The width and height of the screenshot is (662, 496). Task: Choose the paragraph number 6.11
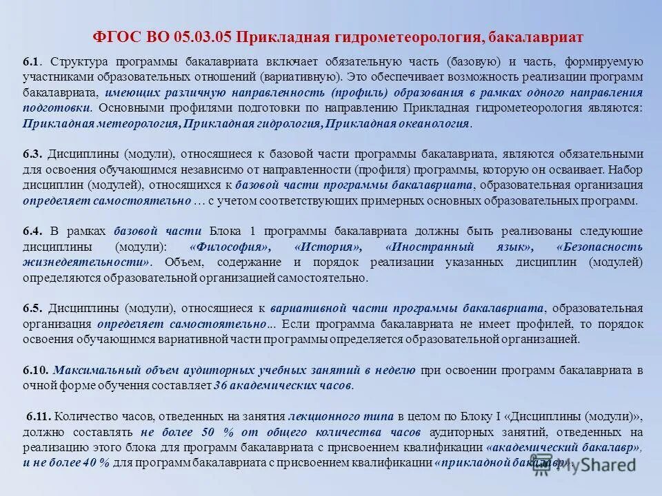[39, 416]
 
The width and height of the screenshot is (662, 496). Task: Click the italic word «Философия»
[229, 247]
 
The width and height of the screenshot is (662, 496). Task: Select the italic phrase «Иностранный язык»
[459, 247]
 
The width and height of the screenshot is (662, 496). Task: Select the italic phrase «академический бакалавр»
[564, 447]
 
